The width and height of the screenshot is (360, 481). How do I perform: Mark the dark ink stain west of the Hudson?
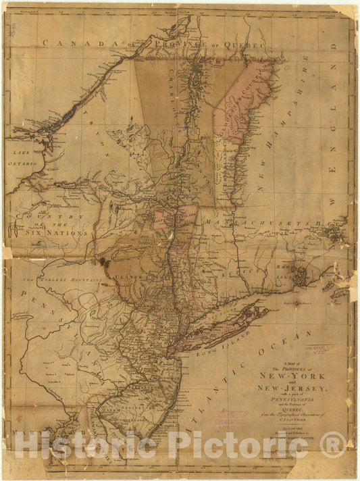pyautogui.click(x=103, y=261)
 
